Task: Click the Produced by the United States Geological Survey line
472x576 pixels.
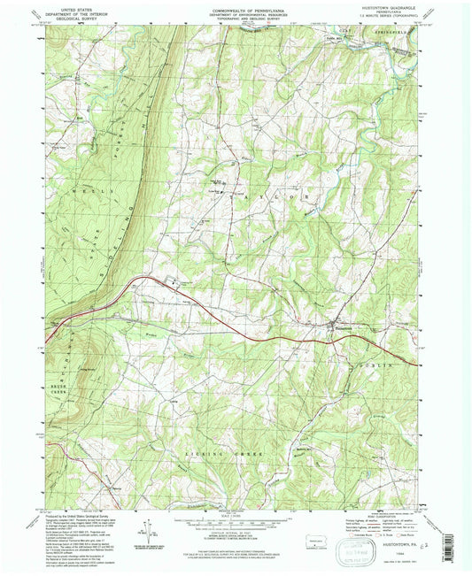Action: pyautogui.click(x=80, y=515)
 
